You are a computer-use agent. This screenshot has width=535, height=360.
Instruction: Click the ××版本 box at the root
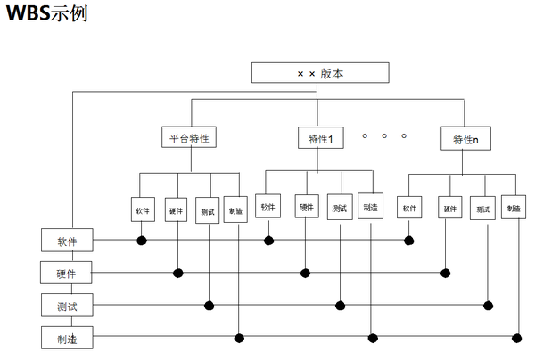320,72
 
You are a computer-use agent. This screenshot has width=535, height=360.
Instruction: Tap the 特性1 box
319,139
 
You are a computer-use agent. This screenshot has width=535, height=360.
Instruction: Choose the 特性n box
465,139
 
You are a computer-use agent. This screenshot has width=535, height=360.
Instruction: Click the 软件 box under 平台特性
143,211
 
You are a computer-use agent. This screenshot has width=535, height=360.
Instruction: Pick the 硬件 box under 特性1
306,208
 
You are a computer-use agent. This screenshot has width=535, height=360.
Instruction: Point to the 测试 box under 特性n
482,209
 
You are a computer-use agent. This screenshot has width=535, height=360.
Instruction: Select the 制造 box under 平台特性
235,211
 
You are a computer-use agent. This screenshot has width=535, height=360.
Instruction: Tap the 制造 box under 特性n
513,209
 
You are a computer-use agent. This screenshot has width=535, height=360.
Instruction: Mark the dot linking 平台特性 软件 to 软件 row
141,240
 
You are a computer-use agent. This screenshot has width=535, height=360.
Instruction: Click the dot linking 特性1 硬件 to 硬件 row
306,272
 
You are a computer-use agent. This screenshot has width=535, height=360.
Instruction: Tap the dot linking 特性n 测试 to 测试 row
488,305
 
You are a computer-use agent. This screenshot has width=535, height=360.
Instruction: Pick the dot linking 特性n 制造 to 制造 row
516,337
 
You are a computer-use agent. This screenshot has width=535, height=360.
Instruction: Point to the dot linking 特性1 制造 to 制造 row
373,338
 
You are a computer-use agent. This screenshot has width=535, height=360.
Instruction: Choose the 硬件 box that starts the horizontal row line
67,272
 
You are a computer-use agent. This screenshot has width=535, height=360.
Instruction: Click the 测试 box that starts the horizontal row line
67,306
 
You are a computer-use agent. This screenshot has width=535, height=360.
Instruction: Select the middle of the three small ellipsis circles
384,136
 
